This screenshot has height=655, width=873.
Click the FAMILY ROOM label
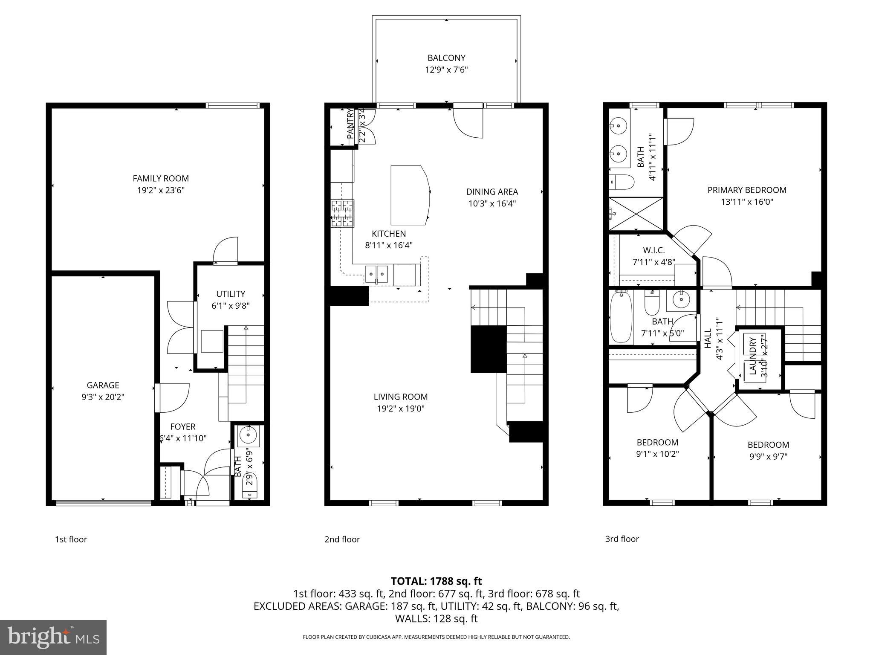point(161,179)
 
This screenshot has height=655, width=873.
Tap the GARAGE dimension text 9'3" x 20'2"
point(103,397)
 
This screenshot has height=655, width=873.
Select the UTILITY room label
point(231,294)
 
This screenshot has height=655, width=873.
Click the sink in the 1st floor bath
point(248,435)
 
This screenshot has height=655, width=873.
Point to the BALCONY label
point(446,58)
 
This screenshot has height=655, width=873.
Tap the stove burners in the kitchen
point(342,213)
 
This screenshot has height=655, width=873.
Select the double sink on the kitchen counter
point(376,273)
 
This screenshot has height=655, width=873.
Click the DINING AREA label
point(492,192)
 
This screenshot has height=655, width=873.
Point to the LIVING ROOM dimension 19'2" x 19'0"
point(401,409)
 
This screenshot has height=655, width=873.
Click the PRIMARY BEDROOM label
point(747,190)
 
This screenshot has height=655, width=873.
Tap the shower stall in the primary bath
point(636,214)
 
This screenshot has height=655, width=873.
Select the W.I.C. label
point(654,250)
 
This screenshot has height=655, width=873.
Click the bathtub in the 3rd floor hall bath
point(621,317)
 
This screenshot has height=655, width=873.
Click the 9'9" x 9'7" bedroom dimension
point(768,456)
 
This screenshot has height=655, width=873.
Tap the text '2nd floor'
point(342,539)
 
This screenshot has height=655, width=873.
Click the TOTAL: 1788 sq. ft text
point(436,581)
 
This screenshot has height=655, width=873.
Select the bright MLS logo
point(53,637)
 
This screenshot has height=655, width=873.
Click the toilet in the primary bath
point(621,182)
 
